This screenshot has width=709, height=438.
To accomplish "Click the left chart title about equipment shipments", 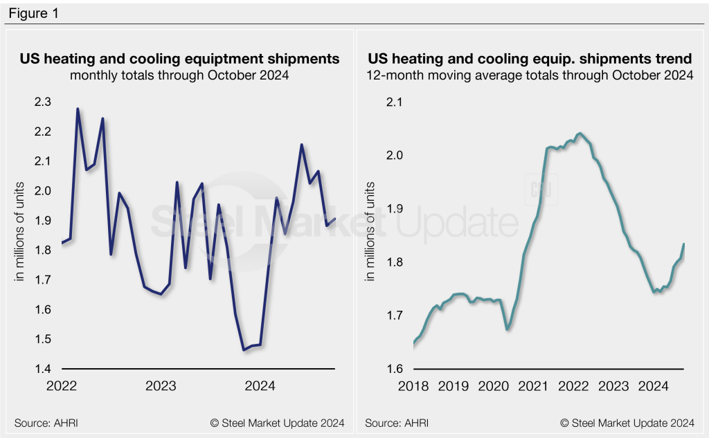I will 179,59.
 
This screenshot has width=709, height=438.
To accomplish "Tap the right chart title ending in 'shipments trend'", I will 530,59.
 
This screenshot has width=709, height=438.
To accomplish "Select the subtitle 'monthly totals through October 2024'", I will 179,75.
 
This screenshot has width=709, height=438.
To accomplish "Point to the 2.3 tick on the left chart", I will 43,102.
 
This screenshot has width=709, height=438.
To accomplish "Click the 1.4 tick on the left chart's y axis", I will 43,368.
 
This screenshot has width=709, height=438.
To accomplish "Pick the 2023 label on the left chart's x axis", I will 161,386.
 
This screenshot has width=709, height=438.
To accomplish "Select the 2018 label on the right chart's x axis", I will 413,386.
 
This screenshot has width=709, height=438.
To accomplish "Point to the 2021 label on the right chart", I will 534,386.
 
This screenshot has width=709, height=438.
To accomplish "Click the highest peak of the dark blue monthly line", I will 77,109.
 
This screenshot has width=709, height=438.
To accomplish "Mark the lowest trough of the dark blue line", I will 244,350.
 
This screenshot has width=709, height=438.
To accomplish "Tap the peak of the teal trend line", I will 580,134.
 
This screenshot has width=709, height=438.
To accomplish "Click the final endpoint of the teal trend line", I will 684,244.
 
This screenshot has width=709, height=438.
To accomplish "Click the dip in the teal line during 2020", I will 508,329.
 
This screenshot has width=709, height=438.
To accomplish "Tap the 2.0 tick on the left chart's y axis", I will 43,190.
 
